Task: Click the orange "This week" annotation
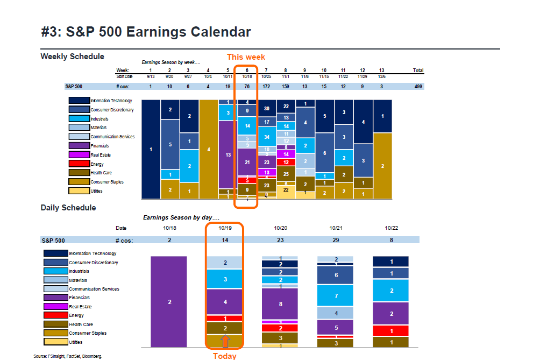coord(246,57)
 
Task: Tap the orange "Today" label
coord(224,356)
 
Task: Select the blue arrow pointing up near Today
coord(225,341)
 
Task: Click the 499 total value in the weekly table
coord(417,86)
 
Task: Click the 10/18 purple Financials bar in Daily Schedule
coord(169,301)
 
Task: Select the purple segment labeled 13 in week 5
coord(228,154)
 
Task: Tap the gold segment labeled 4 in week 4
coord(208,149)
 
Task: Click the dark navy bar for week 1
coord(151,149)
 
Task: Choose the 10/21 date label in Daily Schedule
coord(336,228)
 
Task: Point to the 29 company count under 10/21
coord(336,240)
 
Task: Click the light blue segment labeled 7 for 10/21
coord(336,296)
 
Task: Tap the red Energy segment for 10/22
coord(391,331)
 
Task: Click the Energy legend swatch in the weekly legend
coord(79,164)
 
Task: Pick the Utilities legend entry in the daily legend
coord(55,342)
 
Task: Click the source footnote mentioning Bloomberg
coord(68,356)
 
